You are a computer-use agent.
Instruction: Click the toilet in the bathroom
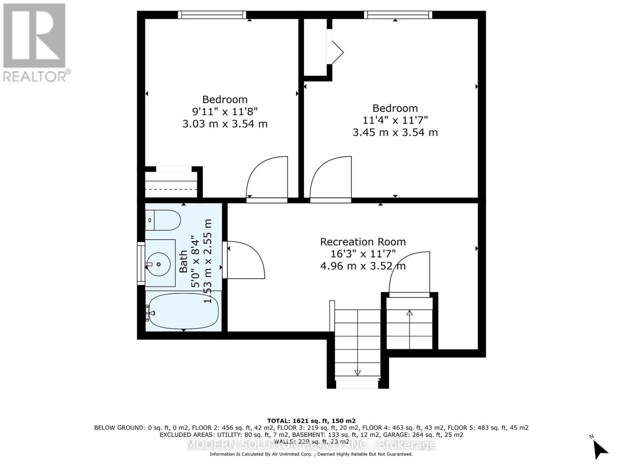point(164,220)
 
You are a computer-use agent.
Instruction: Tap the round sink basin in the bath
point(158,264)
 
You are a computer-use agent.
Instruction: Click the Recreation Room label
point(363,242)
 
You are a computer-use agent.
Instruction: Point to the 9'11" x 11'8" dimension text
point(225,112)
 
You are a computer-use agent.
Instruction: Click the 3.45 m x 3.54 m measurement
point(395,132)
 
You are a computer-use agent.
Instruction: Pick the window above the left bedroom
point(212,15)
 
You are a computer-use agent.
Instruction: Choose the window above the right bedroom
point(398,15)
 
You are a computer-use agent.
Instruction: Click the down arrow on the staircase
point(357,372)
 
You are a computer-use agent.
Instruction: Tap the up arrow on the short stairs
point(409,313)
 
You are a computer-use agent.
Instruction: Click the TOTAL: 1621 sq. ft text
point(311,421)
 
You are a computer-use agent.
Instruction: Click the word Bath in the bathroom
point(183,261)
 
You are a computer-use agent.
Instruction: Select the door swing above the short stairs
point(409,272)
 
